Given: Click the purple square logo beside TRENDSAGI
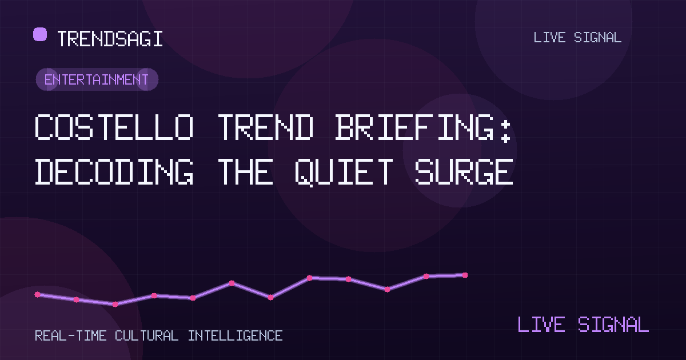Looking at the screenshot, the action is pos(40,34).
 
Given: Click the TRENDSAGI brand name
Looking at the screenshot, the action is pos(110,39).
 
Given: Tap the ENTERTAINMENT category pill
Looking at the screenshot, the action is pos(97,79).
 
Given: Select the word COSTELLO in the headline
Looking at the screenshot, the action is pos(114,127).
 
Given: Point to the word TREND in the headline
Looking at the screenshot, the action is pos(266,127).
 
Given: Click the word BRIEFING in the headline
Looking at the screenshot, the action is pos(414,127).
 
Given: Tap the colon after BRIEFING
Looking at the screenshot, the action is pos(505,131).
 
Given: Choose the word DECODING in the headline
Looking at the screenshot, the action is pos(114,172).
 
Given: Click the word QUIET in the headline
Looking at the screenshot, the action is pos(344,173).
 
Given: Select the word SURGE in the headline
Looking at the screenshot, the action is pos(464,172).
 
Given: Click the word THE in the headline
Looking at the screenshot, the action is pos(246,172).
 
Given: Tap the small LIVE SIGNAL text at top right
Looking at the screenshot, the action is pos(577,38).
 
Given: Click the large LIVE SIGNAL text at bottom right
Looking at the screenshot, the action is pos(583,325).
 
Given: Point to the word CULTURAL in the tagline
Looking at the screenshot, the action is pos(147,336).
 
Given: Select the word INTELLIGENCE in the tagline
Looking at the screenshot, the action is pos(235,336).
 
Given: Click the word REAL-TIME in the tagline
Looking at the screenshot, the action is pos(71,336).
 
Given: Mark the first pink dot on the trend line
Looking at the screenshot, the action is pos(37,294).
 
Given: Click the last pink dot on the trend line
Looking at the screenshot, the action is pos(465,275).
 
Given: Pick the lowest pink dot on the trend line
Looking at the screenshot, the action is pos(115,304).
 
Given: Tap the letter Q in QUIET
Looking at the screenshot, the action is pos(305,173).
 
